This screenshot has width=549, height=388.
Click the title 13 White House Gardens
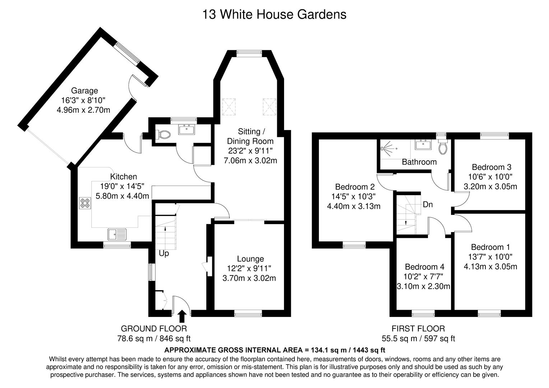[274, 14]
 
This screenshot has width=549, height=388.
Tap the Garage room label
[84, 91]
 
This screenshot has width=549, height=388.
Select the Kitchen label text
[123, 177]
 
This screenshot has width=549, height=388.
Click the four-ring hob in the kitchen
[85, 203]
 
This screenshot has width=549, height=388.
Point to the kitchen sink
[117, 235]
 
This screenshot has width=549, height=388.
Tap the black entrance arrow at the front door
[182, 316]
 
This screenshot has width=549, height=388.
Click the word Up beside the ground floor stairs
[164, 254]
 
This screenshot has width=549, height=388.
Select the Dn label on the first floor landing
[428, 205]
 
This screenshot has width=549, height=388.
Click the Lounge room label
[250, 259]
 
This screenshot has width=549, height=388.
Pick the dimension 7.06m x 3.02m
[250, 161]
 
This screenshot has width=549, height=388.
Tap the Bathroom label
[419, 162]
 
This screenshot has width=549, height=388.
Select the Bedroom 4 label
[424, 267]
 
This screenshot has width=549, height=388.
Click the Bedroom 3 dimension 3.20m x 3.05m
[490, 186]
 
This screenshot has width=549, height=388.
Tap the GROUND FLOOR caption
[154, 328]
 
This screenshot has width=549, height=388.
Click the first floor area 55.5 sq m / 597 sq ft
[418, 338]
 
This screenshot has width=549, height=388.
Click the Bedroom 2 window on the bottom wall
[354, 246]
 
